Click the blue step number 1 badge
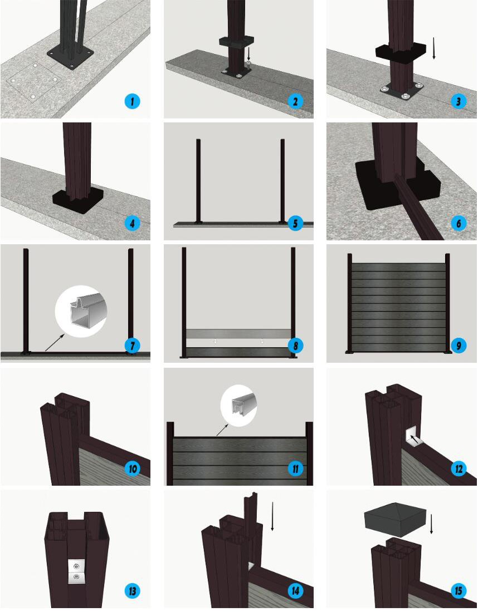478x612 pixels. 132,101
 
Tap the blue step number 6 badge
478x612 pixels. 459,223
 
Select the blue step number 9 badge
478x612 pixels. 459,345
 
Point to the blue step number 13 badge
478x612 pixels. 132,591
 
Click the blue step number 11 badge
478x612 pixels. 295,468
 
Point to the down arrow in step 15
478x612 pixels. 431,524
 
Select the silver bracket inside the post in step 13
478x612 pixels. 76,571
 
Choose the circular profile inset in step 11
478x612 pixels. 238,406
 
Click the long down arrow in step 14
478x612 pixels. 272,516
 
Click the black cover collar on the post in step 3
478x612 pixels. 401,52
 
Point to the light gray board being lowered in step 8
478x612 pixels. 238,334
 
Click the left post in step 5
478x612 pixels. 198,181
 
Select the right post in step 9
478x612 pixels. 447,303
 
